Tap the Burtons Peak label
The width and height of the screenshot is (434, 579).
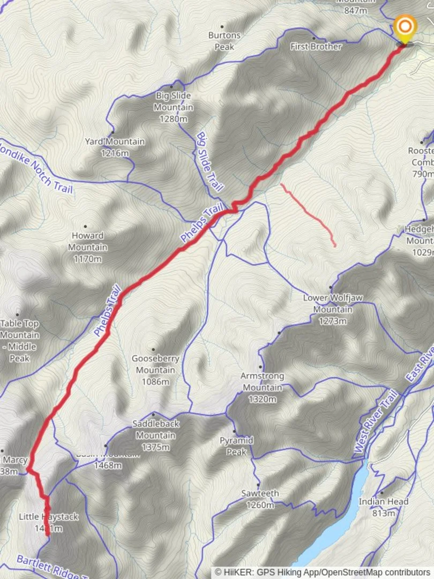pyautogui.click(x=224, y=41)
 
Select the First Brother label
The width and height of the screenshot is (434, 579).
pyautogui.click(x=316, y=47)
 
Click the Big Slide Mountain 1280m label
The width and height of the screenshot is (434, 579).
pyautogui.click(x=174, y=107)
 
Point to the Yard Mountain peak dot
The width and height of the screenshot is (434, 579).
pyautogui.click(x=113, y=132)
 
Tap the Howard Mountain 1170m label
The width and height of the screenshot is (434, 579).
pyautogui.click(x=87, y=247)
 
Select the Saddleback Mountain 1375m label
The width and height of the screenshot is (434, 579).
pyautogui.click(x=155, y=435)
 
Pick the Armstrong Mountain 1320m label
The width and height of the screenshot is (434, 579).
pyautogui.click(x=261, y=387)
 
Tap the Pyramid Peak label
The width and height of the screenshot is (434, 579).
pyautogui.click(x=236, y=446)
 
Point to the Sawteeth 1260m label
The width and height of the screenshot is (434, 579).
pyautogui.click(x=260, y=499)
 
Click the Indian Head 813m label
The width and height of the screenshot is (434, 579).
pyautogui.click(x=384, y=507)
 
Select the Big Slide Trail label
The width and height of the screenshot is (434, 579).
pyautogui.click(x=209, y=162)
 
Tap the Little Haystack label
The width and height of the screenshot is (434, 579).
pyautogui.click(x=48, y=522)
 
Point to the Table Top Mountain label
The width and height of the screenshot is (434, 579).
pyautogui.click(x=20, y=340)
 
